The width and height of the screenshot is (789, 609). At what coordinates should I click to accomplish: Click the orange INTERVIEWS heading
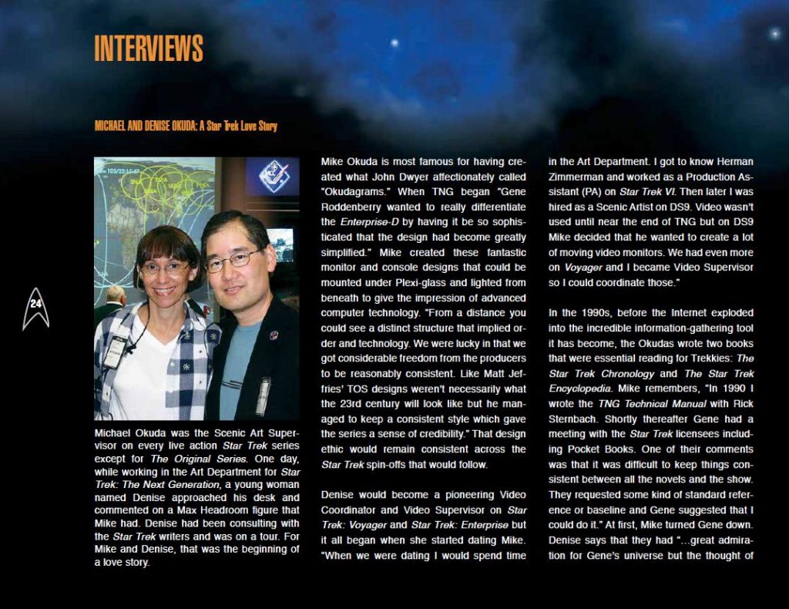(x=149, y=49)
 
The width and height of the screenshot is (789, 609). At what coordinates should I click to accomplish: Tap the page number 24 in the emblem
(x=35, y=304)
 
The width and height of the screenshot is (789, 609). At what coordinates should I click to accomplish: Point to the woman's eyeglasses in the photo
(x=163, y=270)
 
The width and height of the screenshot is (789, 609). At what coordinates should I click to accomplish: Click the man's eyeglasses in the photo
(x=233, y=261)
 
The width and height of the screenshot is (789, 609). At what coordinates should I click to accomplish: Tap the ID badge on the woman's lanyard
(x=115, y=352)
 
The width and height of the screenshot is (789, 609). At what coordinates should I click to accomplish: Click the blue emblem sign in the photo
(x=273, y=177)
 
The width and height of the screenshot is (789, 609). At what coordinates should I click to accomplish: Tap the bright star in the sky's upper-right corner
(x=773, y=34)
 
